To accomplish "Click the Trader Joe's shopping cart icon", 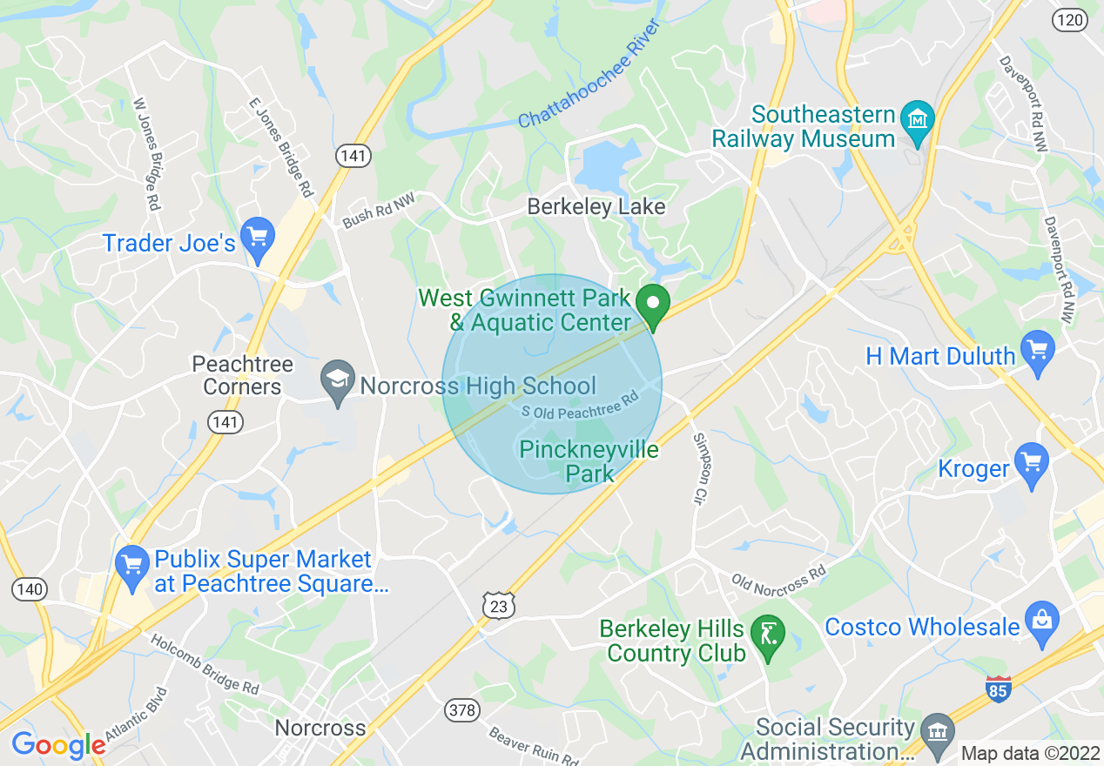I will pos(257,237).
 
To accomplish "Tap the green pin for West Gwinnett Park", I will pos(651,305).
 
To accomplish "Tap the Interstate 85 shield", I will pos(1000,689).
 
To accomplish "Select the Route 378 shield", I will pos(461,710).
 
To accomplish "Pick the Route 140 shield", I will pos(29,589).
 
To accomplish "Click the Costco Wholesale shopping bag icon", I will pos(1041,621).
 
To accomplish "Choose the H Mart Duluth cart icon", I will pos(1037,350).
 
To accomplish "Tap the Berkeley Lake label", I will pos(596,206).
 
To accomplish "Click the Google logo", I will pos(58,745).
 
